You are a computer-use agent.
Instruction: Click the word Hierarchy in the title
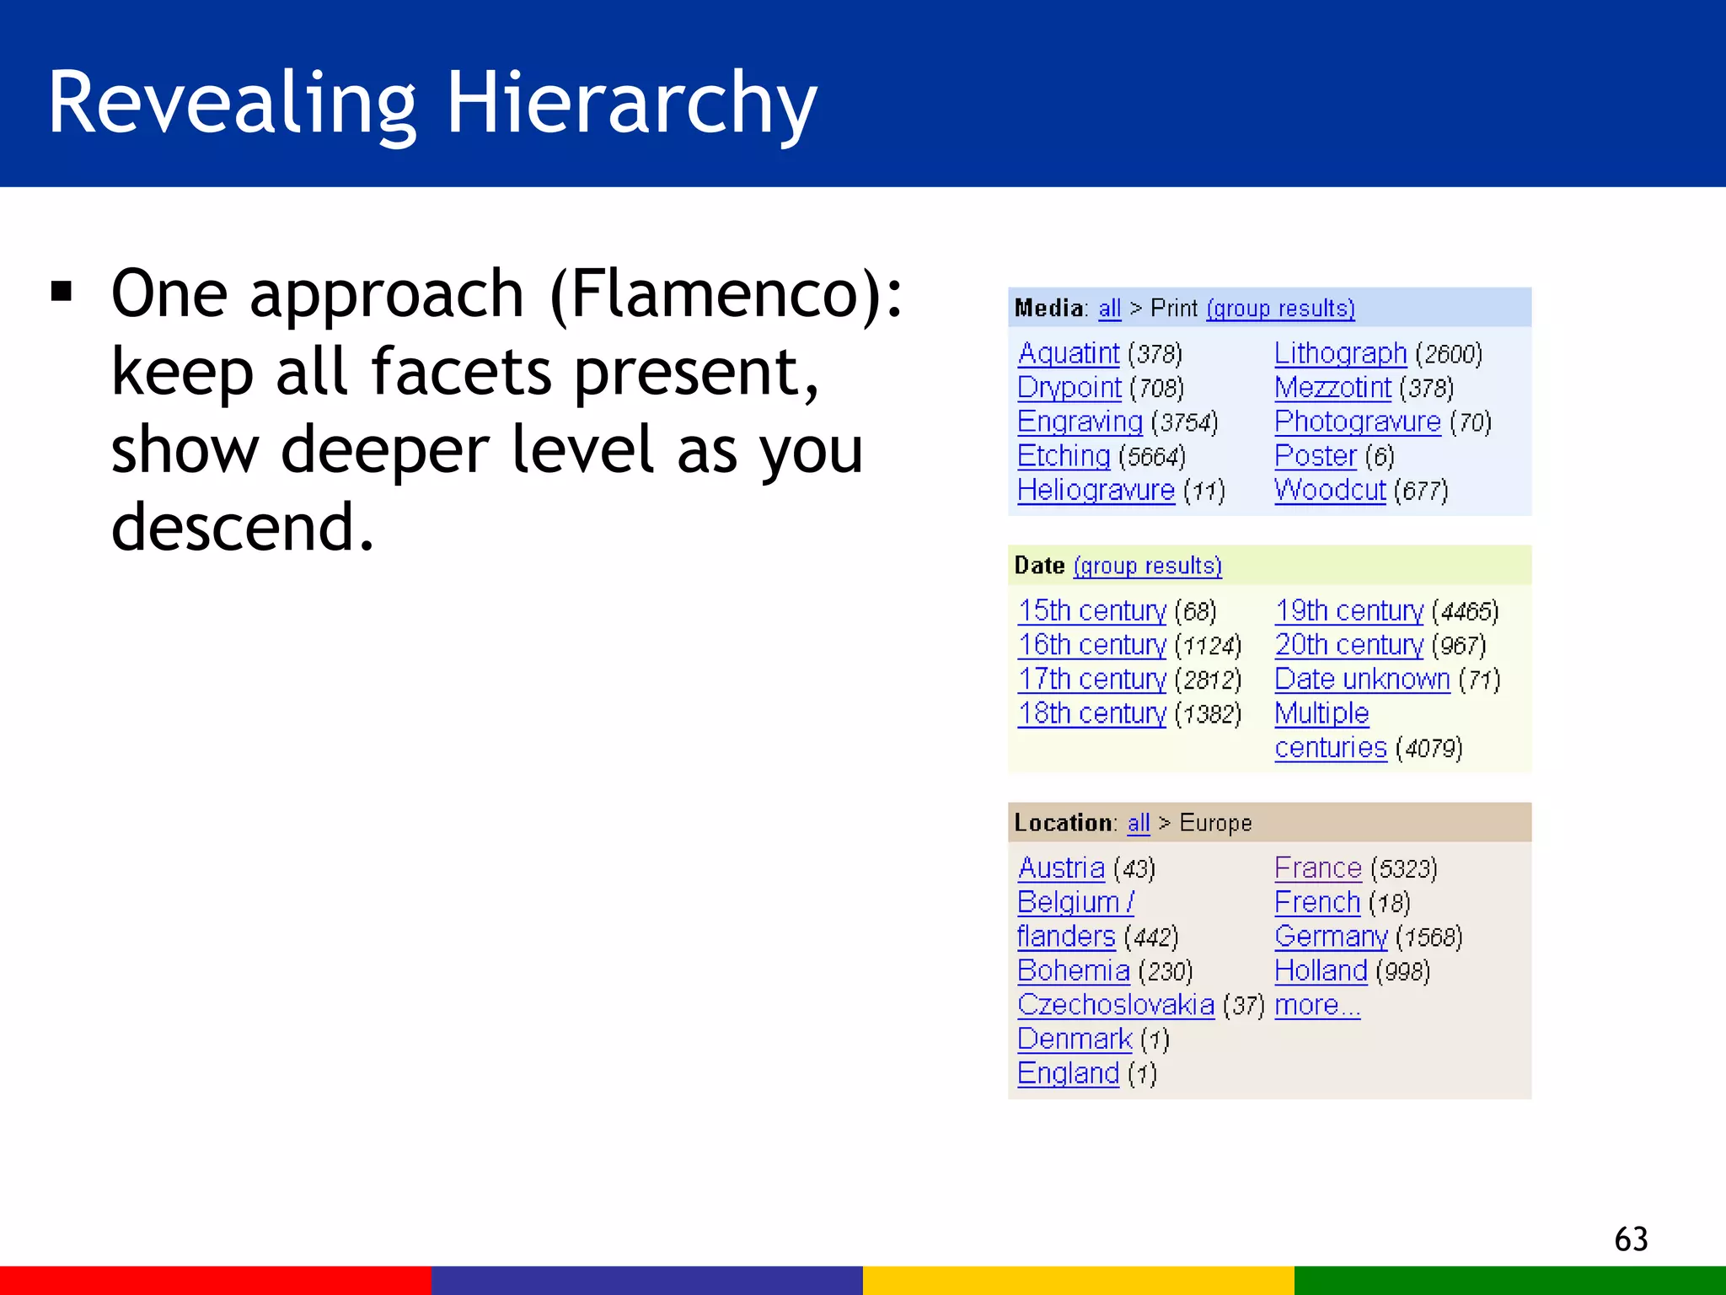[x=630, y=103]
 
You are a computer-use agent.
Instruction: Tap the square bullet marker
[x=62, y=292]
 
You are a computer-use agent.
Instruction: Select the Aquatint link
[x=1068, y=353]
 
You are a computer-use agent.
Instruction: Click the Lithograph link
[x=1340, y=353]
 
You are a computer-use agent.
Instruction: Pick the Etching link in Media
[x=1064, y=456]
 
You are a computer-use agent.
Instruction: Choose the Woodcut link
[x=1330, y=490]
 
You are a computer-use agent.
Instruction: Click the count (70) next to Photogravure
[x=1471, y=422]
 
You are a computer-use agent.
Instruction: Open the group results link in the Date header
[x=1147, y=566]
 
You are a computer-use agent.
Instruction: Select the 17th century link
[x=1092, y=679]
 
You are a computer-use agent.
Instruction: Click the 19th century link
[x=1348, y=610]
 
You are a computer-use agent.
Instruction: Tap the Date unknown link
[x=1362, y=679]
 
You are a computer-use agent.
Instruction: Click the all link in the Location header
[x=1139, y=823]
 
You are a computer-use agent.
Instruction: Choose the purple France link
[x=1317, y=868]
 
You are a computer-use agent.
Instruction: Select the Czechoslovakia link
[x=1116, y=1005]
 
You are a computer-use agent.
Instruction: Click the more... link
[x=1316, y=1005]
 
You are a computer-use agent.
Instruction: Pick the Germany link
[x=1331, y=937]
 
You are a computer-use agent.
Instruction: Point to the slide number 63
[x=1631, y=1239]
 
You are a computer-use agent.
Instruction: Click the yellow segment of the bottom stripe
[x=1078, y=1280]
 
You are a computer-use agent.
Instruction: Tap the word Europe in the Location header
[x=1215, y=823]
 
